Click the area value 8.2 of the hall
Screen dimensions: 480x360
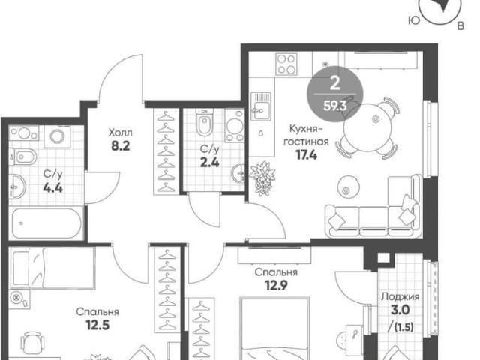(x=120, y=146)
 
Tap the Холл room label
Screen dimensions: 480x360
(x=120, y=133)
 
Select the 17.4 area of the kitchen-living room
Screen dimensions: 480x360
(x=307, y=155)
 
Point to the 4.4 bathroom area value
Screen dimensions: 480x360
(x=53, y=188)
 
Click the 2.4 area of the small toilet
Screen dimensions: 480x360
(x=210, y=163)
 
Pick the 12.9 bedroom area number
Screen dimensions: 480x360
(x=276, y=285)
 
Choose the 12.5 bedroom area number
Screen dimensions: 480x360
(x=97, y=325)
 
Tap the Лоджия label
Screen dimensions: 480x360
(x=400, y=297)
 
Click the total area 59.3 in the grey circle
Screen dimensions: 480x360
(x=335, y=106)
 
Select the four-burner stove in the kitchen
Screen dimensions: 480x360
(x=286, y=64)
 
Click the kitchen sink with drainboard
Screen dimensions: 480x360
(x=261, y=106)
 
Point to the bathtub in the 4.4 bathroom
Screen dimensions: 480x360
(x=46, y=223)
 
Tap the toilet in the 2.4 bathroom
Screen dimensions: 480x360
(x=204, y=122)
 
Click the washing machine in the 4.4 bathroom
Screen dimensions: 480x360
(x=57, y=136)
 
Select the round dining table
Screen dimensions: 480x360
(x=367, y=128)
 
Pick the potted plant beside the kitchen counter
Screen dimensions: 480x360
(x=262, y=178)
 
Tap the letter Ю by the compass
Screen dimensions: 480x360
(x=414, y=20)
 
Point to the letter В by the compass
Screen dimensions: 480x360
(x=460, y=26)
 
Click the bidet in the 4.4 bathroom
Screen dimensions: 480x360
(x=22, y=157)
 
